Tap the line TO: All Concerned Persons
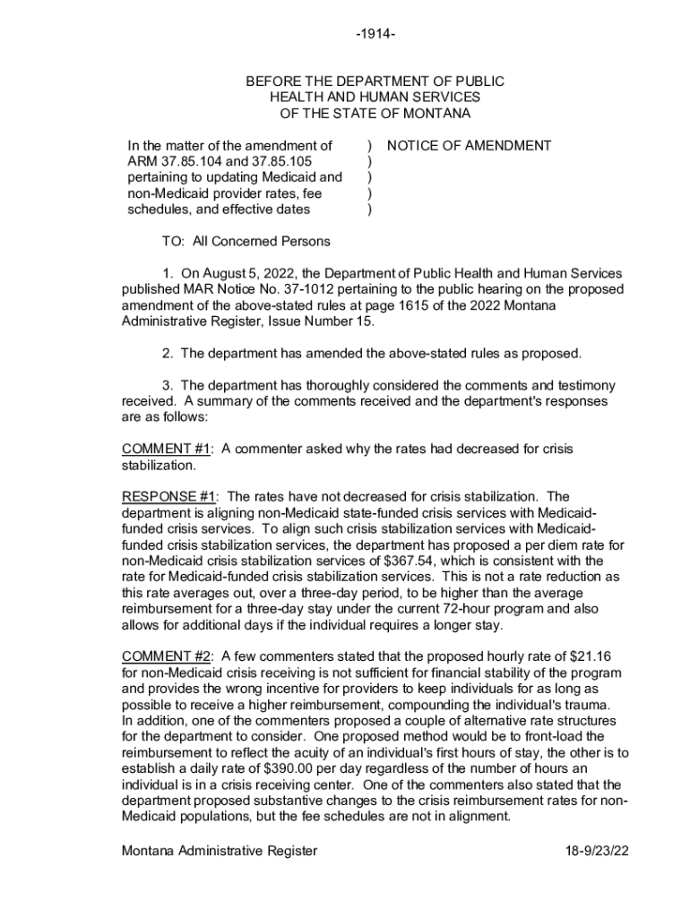[x=246, y=241]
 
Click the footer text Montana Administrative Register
[x=220, y=851]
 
